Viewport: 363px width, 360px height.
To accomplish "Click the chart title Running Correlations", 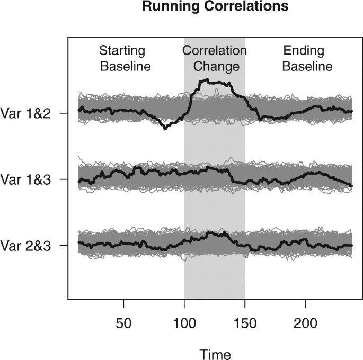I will [215, 7].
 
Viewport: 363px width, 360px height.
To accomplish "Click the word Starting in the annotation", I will [122, 51].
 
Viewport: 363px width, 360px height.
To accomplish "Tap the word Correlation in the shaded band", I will [215, 51].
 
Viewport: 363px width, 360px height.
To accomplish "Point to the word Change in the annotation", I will [215, 67].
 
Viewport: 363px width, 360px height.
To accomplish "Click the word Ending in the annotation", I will [303, 51].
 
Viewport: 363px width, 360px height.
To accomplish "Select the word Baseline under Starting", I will [125, 67].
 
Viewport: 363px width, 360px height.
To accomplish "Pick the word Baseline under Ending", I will [307, 67].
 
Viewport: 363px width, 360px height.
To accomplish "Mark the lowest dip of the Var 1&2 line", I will [165, 128].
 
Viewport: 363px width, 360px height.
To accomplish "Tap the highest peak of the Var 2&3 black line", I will [211, 232].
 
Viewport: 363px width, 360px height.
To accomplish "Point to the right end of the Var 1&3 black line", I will [351, 186].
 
